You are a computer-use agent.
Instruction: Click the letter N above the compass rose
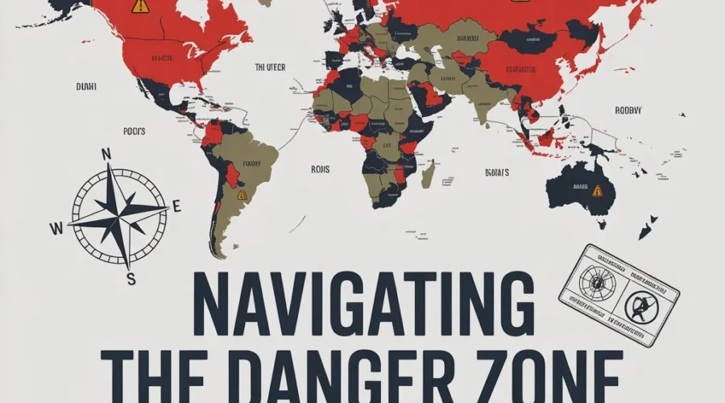(x=106, y=154)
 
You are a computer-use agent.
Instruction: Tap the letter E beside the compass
(x=176, y=206)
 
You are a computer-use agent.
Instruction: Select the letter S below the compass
(x=130, y=278)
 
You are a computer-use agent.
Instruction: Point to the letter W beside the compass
(x=56, y=228)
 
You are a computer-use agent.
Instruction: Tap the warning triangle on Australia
(x=597, y=191)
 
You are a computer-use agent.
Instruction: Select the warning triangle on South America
(x=242, y=195)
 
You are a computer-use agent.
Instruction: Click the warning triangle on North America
(x=140, y=6)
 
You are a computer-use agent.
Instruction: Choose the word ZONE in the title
(x=555, y=377)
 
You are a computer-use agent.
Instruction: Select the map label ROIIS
(x=321, y=169)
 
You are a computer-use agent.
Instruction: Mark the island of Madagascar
(x=428, y=173)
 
